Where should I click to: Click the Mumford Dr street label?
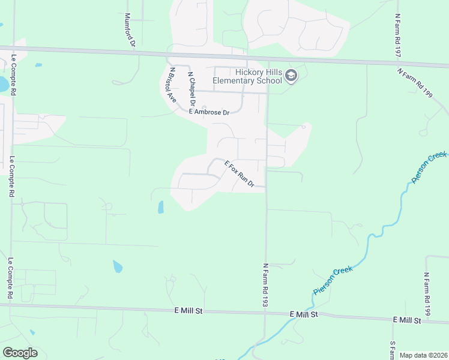click(x=129, y=30)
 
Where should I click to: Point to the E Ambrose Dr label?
click(x=209, y=112)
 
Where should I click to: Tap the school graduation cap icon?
click(x=292, y=76)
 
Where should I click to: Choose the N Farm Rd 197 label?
click(x=397, y=36)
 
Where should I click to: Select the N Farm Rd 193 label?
click(x=264, y=284)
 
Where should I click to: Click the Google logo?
click(x=20, y=353)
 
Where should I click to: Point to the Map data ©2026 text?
click(x=423, y=355)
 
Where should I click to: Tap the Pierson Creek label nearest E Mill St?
click(x=333, y=281)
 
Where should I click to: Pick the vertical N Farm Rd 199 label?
click(x=427, y=294)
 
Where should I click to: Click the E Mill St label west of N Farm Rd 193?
click(x=190, y=310)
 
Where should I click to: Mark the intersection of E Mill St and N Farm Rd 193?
click(x=266, y=313)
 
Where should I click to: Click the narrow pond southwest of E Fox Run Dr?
click(x=160, y=208)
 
